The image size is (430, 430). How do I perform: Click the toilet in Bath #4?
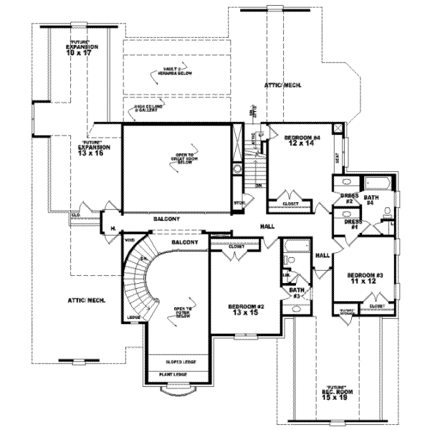point(386,210)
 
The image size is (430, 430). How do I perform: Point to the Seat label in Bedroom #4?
point(337,154)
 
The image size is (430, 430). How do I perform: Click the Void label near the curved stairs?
point(130,240)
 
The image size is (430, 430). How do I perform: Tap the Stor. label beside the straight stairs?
point(239,202)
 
